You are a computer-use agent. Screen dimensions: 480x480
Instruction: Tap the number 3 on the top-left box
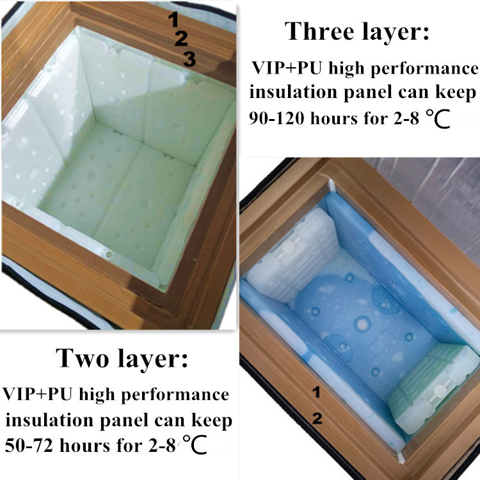189,59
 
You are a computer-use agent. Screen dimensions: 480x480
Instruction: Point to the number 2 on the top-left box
181,38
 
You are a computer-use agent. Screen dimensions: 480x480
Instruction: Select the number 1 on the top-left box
173,19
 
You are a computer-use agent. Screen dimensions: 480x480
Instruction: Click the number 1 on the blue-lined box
317,392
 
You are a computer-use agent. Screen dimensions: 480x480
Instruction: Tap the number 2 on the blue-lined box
317,419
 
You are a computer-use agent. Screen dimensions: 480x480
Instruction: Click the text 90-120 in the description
276,118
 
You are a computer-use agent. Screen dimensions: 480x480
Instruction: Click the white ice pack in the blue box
292,255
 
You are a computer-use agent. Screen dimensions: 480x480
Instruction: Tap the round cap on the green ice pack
440,390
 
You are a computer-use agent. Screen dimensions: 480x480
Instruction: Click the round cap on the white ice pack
287,247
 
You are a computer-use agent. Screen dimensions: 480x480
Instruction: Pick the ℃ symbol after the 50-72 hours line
195,445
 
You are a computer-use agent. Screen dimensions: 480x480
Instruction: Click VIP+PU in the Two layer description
38,394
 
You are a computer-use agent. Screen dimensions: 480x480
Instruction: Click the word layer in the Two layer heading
152,360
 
